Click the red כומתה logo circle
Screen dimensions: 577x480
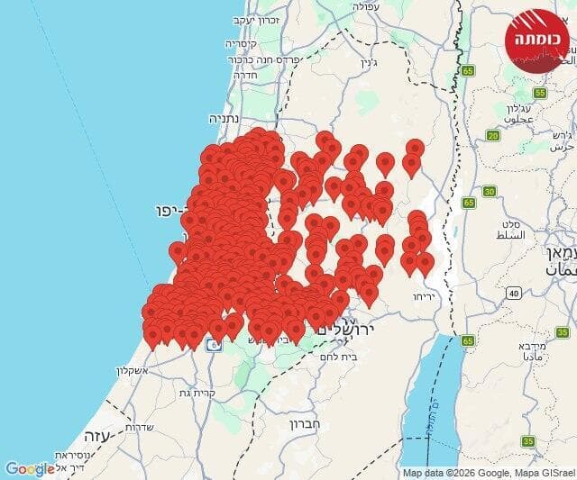point(538,40)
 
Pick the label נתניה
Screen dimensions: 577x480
point(225,118)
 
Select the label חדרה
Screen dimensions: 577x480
point(245,76)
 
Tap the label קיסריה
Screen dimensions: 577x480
point(242,42)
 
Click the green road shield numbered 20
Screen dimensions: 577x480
point(493,136)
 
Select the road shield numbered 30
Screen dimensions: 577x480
point(490,191)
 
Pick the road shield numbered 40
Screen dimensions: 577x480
point(513,293)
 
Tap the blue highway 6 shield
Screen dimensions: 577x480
point(216,342)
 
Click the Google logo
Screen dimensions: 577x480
point(29,468)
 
